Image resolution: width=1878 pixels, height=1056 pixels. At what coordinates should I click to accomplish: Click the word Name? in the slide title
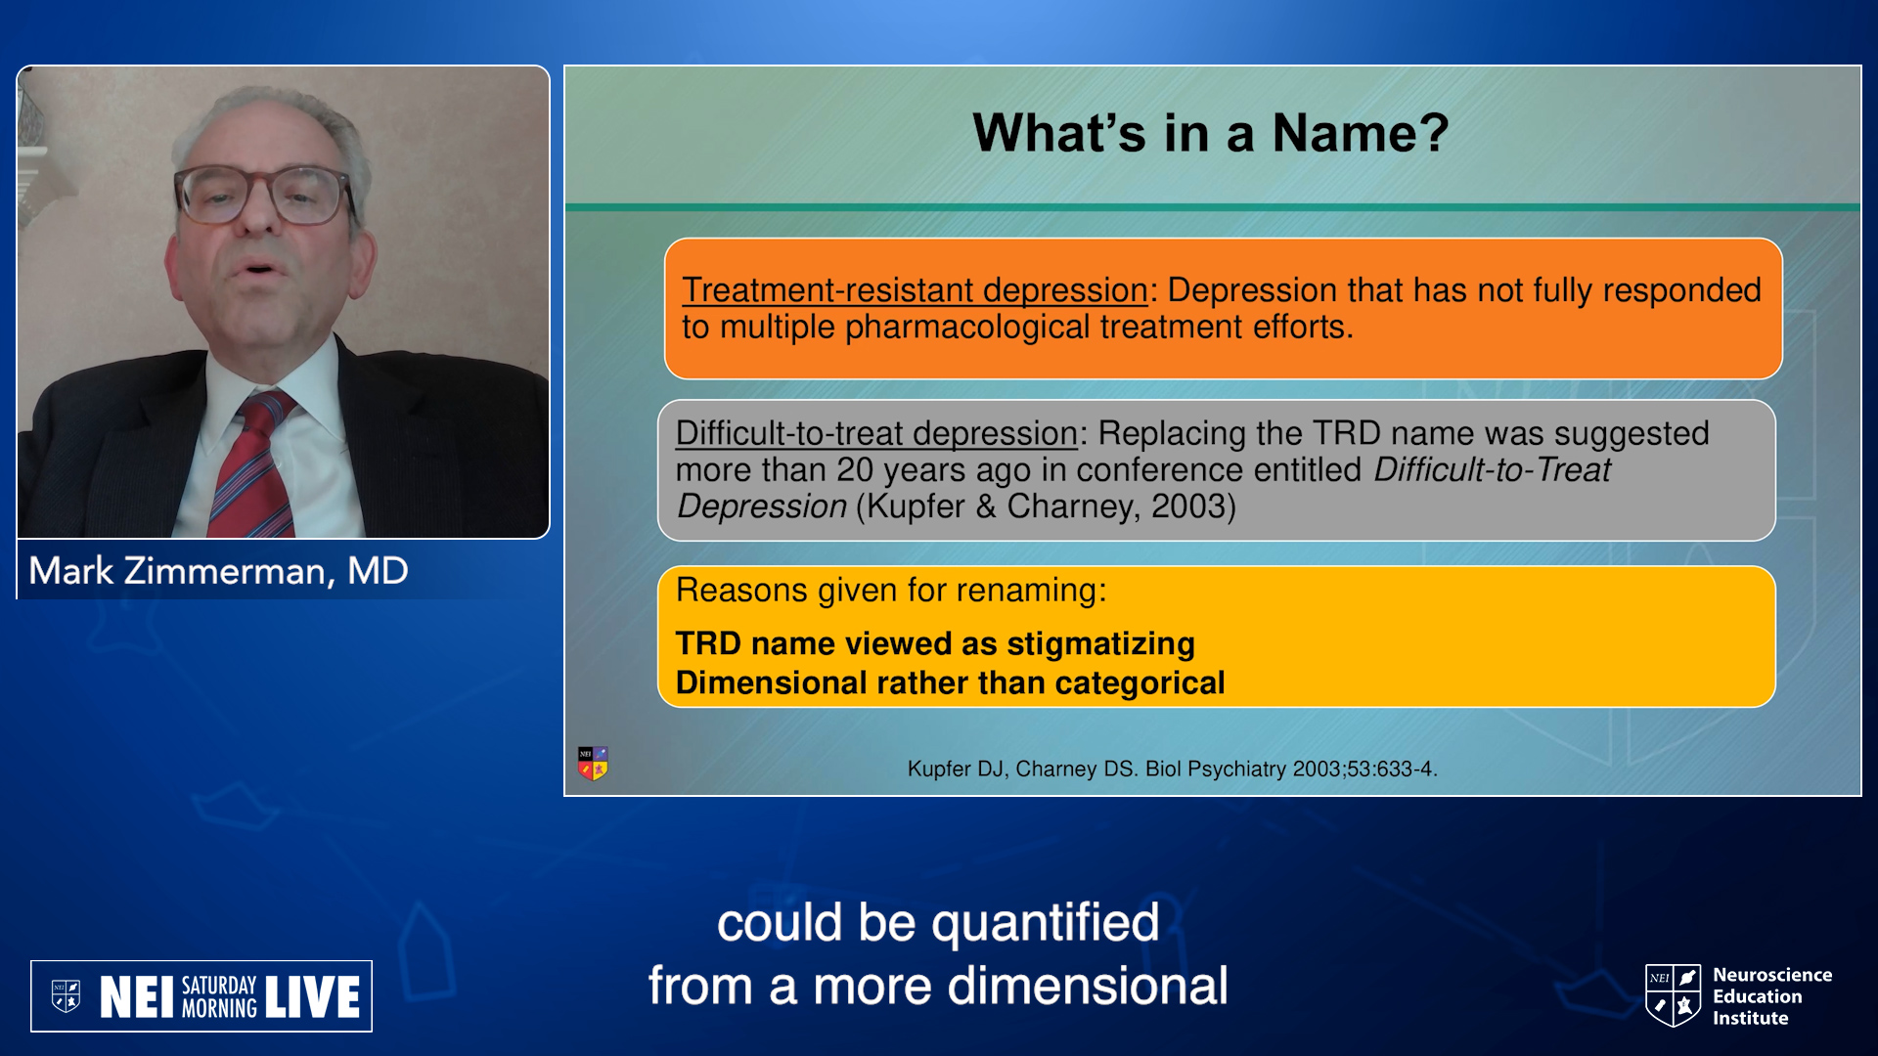1360,132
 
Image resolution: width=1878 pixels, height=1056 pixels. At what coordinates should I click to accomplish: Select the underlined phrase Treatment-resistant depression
915,290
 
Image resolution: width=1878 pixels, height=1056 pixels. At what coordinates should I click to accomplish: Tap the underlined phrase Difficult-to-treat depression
876,433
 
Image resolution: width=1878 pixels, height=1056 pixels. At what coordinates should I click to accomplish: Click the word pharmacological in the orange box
966,328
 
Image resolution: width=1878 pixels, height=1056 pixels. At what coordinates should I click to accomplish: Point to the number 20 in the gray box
854,470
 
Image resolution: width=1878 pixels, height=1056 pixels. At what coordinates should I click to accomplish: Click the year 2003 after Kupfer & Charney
1186,506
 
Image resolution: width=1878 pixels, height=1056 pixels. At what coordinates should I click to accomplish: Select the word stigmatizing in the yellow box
1100,644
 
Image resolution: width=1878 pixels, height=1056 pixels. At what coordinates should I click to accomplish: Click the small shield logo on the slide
593,763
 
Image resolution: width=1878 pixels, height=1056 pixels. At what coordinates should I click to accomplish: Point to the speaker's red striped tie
259,464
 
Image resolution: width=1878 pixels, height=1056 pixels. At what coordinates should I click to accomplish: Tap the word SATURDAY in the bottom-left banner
219,986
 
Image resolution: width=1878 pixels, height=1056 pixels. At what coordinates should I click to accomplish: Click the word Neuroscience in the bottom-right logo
1772,975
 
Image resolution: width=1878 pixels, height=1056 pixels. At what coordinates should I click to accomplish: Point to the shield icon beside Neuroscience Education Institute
1674,995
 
